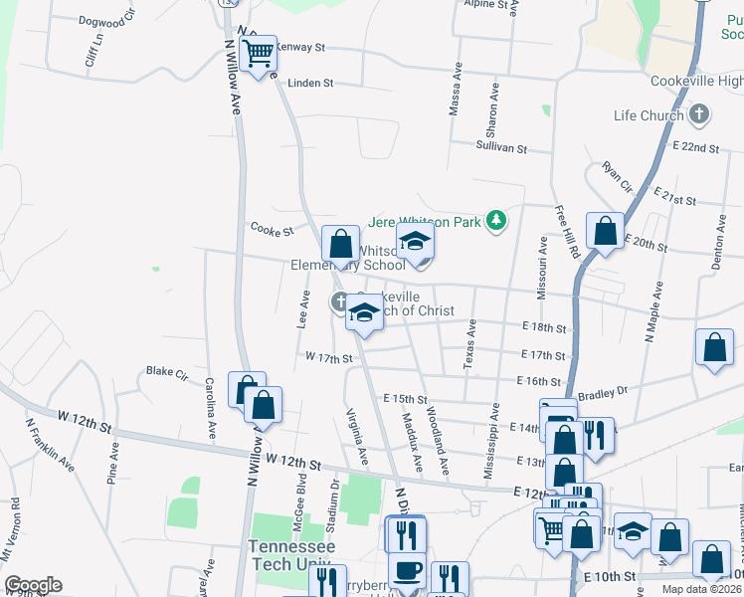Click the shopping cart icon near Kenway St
259,53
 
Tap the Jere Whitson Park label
425,221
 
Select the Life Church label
649,115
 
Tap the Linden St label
310,83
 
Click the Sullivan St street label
501,147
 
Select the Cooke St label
272,231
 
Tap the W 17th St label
329,356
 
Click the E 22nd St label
695,146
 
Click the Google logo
33,585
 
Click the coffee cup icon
407,572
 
